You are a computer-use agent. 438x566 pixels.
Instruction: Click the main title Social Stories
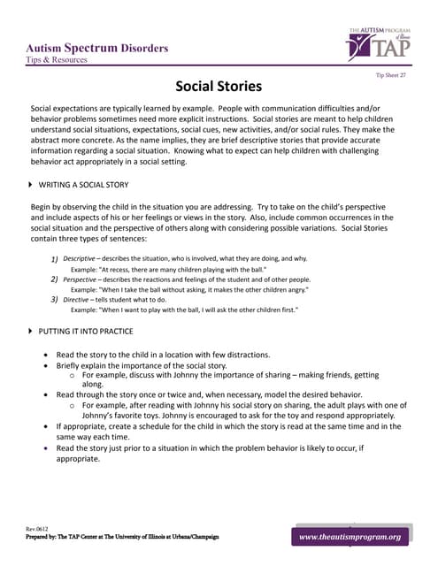point(219,87)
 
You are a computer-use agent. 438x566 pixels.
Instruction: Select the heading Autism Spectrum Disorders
point(97,48)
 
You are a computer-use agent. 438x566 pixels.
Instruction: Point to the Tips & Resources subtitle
point(57,60)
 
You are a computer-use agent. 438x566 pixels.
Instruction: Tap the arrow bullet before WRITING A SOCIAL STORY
point(32,185)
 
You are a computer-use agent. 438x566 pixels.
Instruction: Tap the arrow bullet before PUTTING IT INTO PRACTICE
point(32,331)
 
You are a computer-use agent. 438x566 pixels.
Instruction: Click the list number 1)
point(54,258)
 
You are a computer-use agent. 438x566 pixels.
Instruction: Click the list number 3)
point(54,300)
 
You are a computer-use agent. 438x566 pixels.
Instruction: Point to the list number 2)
point(54,279)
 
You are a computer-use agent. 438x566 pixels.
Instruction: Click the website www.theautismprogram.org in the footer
point(350,537)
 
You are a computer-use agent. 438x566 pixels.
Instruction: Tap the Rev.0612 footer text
point(37,529)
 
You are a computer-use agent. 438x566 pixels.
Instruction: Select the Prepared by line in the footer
point(122,537)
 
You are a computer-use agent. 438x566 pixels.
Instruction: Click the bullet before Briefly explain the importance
point(47,365)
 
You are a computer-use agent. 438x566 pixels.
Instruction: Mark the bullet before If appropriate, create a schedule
point(47,425)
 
